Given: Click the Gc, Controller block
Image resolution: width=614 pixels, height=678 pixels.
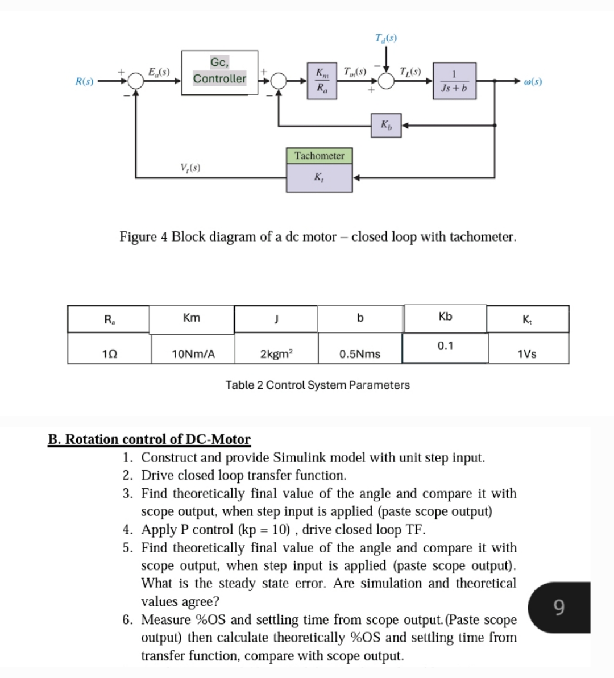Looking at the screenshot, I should point(219,72).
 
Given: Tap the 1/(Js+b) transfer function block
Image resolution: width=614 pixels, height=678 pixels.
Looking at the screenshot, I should point(454,82).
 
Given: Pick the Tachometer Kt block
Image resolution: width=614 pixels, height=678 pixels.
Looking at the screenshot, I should point(319,169).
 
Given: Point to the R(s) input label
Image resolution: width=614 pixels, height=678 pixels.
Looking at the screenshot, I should point(85,82).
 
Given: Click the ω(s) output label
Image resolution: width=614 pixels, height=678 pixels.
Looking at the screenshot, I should point(533,82).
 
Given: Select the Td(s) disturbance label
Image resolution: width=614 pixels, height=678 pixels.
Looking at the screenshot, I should point(387,39).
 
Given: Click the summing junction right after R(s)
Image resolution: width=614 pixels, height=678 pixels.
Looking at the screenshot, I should point(135,82).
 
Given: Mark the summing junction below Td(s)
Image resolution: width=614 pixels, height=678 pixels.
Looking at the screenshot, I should point(387,82).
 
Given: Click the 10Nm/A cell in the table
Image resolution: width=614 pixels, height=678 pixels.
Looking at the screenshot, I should point(193,354).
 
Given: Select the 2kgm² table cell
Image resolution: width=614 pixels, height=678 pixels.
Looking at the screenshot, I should point(276,354).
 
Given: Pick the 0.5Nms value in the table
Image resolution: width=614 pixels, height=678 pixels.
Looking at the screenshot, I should point(360,354).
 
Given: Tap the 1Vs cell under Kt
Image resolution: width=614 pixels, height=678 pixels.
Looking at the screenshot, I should point(526,354).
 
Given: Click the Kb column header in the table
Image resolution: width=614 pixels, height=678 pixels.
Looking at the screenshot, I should point(445,317).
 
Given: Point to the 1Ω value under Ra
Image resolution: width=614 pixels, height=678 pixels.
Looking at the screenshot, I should point(109,354).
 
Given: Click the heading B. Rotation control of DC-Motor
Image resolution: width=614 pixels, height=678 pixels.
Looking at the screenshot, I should point(149,439).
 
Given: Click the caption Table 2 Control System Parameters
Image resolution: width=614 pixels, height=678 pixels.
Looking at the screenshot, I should point(317,385).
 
